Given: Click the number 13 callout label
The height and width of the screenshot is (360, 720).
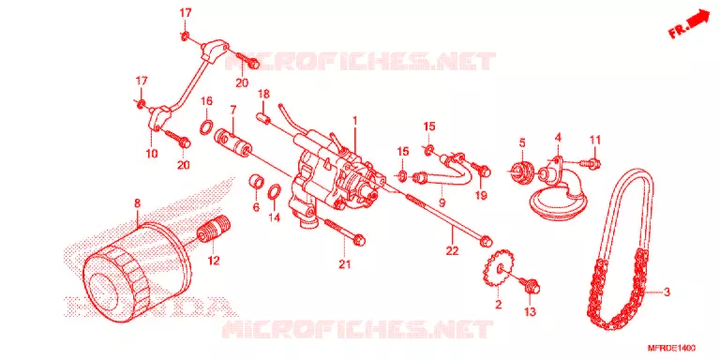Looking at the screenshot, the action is click(530, 312).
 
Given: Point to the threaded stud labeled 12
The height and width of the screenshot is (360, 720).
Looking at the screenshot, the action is click(214, 230).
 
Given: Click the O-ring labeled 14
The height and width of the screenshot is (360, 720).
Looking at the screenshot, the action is click(274, 192).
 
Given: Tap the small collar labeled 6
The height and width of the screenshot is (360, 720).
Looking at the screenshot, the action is click(257, 181).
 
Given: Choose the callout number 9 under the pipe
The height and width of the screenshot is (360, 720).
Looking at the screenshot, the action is click(442, 202).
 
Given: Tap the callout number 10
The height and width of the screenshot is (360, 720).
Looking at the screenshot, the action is click(152, 153).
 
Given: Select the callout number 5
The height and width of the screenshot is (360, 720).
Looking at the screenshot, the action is click(522, 142).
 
